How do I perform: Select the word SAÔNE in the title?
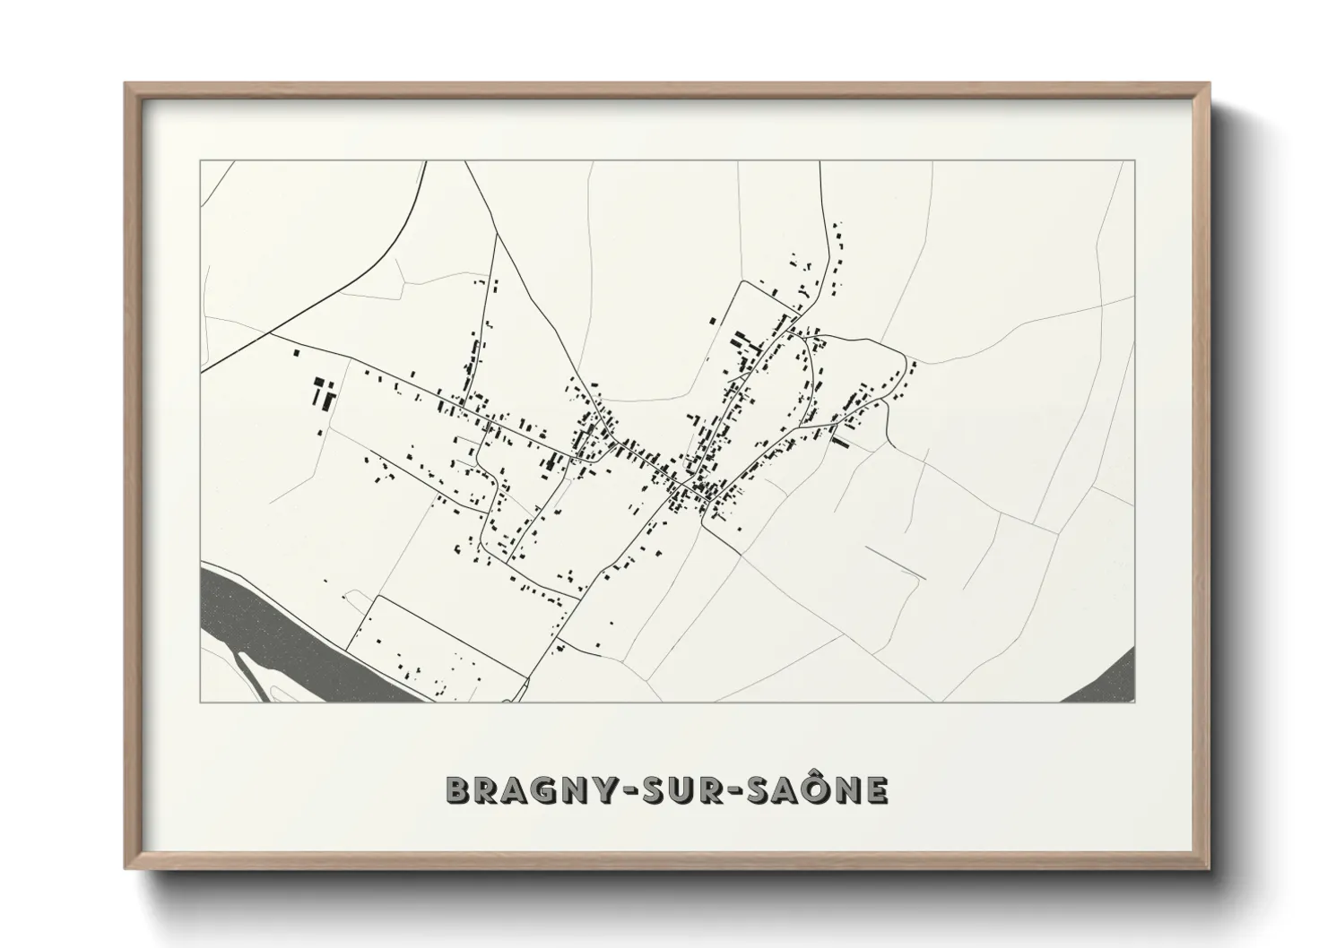point(820,789)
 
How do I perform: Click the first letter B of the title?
point(456,789)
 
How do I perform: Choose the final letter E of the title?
point(877,789)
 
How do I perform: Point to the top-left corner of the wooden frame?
point(126,84)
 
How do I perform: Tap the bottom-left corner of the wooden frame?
point(126,867)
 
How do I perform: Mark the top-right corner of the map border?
point(1134,161)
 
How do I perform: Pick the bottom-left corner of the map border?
point(200,702)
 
